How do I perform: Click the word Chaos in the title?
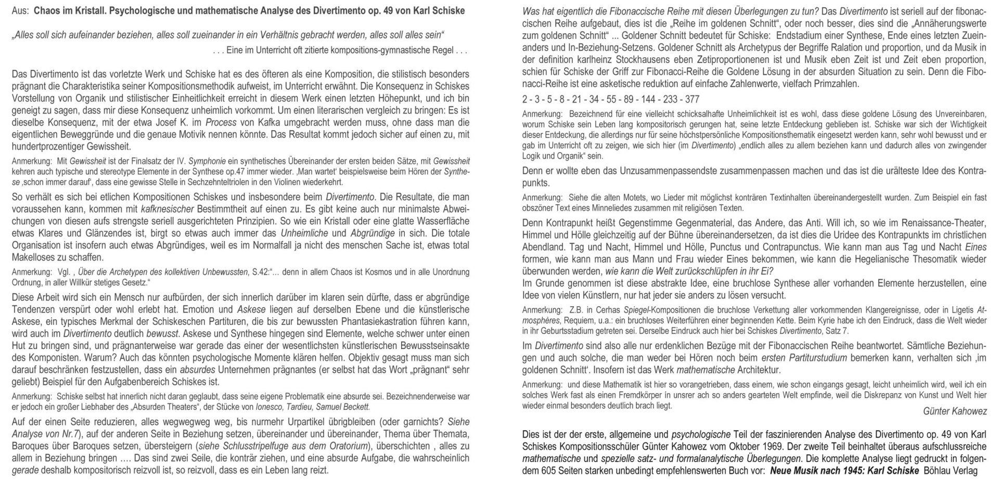tap(48, 11)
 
